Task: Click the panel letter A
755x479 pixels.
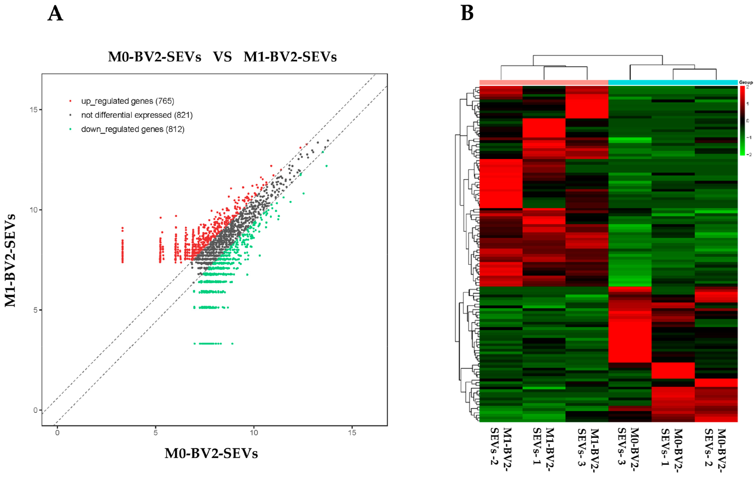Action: click(55, 14)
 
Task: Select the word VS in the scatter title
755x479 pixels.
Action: click(222, 57)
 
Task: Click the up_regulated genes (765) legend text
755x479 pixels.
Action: click(127, 101)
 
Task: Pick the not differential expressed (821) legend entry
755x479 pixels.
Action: click(137, 115)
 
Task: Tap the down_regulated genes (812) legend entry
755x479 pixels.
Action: click(133, 129)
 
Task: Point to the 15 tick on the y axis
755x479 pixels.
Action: click(33, 110)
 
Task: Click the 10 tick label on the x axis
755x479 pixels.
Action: click(254, 433)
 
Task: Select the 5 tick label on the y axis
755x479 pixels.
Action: click(35, 310)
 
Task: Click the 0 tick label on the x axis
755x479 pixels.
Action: click(57, 433)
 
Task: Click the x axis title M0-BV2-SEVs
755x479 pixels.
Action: click(211, 453)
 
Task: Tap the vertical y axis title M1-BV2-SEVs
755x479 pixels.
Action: click(10, 260)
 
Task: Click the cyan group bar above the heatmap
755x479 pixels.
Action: click(673, 83)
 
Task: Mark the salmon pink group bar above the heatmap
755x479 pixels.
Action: click(544, 83)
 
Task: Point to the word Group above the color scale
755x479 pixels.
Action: click(746, 82)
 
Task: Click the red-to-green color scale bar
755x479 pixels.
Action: click(742, 121)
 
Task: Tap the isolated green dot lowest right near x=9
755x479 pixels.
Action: click(232, 344)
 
